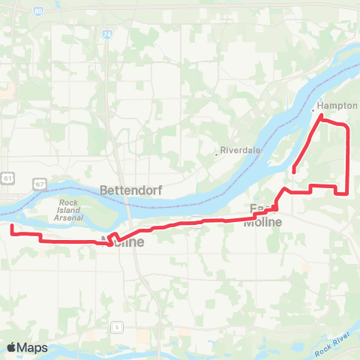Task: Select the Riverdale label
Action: (240, 150)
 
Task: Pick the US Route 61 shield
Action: (7, 178)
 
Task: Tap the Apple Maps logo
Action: (27, 347)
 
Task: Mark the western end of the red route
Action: (11, 225)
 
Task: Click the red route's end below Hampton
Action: (293, 172)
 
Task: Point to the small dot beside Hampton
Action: (313, 109)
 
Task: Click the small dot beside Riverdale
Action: (216, 154)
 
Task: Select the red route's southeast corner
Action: (347, 193)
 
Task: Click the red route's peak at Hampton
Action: (321, 116)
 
